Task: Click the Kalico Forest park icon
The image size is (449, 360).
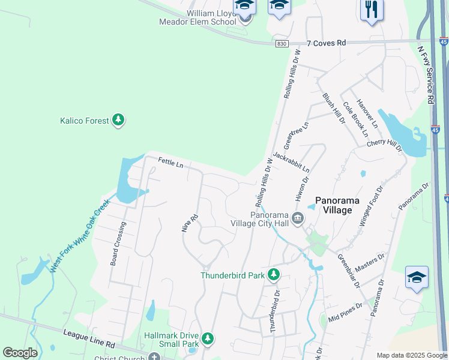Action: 119,121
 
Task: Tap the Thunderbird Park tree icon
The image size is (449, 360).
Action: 274,275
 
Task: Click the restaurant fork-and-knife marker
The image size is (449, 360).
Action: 371,10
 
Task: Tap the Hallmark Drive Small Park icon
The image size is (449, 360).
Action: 208,340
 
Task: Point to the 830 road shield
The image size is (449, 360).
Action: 282,44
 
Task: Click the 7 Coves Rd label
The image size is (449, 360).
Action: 326,43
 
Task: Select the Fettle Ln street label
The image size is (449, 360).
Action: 170,162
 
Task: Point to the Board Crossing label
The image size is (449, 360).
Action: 118,244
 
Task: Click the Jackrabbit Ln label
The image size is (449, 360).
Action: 291,162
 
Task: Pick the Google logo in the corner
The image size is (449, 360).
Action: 20,353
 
